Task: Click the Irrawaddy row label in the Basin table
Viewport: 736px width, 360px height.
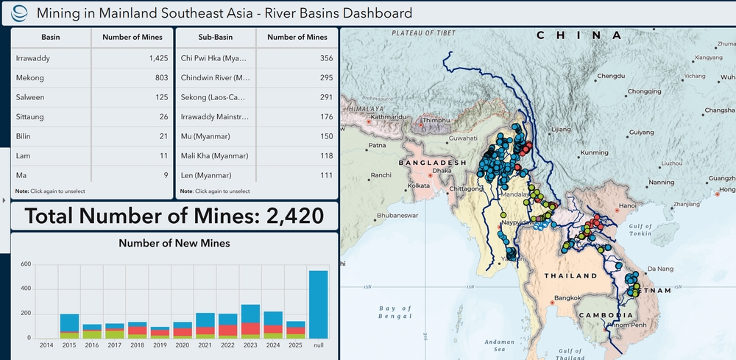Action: (33, 58)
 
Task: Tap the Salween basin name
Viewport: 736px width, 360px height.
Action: (31, 96)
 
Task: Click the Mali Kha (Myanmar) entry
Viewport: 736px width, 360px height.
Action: (214, 155)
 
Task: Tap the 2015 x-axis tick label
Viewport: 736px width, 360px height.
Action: (69, 345)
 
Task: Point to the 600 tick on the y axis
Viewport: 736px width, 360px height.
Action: (25, 264)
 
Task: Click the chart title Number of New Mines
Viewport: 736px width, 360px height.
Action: (174, 243)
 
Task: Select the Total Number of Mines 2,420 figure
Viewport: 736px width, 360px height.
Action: (174, 216)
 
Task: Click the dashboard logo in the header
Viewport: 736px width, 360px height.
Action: (23, 13)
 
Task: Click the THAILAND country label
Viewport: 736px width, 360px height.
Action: (570, 276)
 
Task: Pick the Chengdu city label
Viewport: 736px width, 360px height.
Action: (611, 76)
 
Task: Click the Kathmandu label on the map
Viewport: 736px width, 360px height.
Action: (389, 116)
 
